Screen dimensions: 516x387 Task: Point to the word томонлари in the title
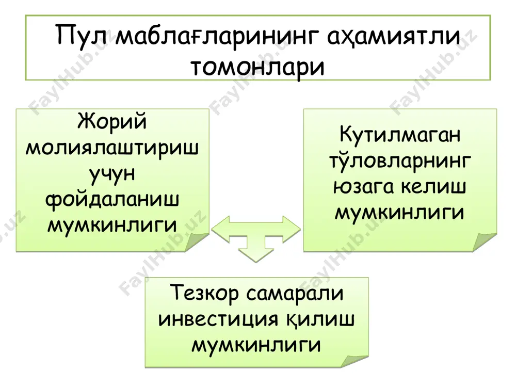[x=257, y=67]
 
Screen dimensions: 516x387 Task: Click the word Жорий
[x=112, y=122]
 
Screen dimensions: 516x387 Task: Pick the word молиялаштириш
[x=112, y=149]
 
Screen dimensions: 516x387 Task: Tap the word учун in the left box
[x=112, y=174]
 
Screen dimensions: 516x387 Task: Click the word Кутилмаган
[x=400, y=135]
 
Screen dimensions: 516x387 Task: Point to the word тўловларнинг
[x=400, y=161]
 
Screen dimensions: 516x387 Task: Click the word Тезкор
[x=204, y=293]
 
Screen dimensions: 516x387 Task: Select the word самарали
[x=295, y=294]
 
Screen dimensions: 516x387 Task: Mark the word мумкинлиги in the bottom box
[x=256, y=345]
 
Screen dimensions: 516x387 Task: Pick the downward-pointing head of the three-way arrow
[x=256, y=255]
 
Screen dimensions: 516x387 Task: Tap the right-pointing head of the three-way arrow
[x=292, y=230]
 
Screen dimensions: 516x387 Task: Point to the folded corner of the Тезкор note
[x=356, y=360]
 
